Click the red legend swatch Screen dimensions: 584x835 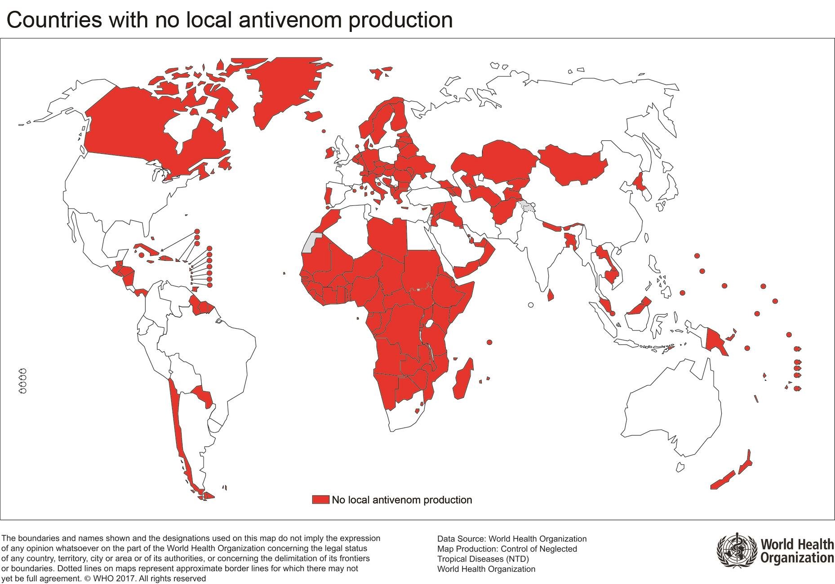[320, 499]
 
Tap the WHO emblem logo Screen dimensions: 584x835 [736, 551]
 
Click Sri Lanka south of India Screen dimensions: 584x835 [550, 295]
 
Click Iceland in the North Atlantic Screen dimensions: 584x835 [313, 116]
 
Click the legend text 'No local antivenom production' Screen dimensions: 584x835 [402, 500]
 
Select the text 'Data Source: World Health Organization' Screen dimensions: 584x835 [511, 539]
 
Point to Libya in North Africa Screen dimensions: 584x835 [386, 236]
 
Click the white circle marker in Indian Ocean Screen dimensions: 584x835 [531, 305]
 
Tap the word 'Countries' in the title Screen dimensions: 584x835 [54, 20]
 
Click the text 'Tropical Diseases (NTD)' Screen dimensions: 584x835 [483, 559]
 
